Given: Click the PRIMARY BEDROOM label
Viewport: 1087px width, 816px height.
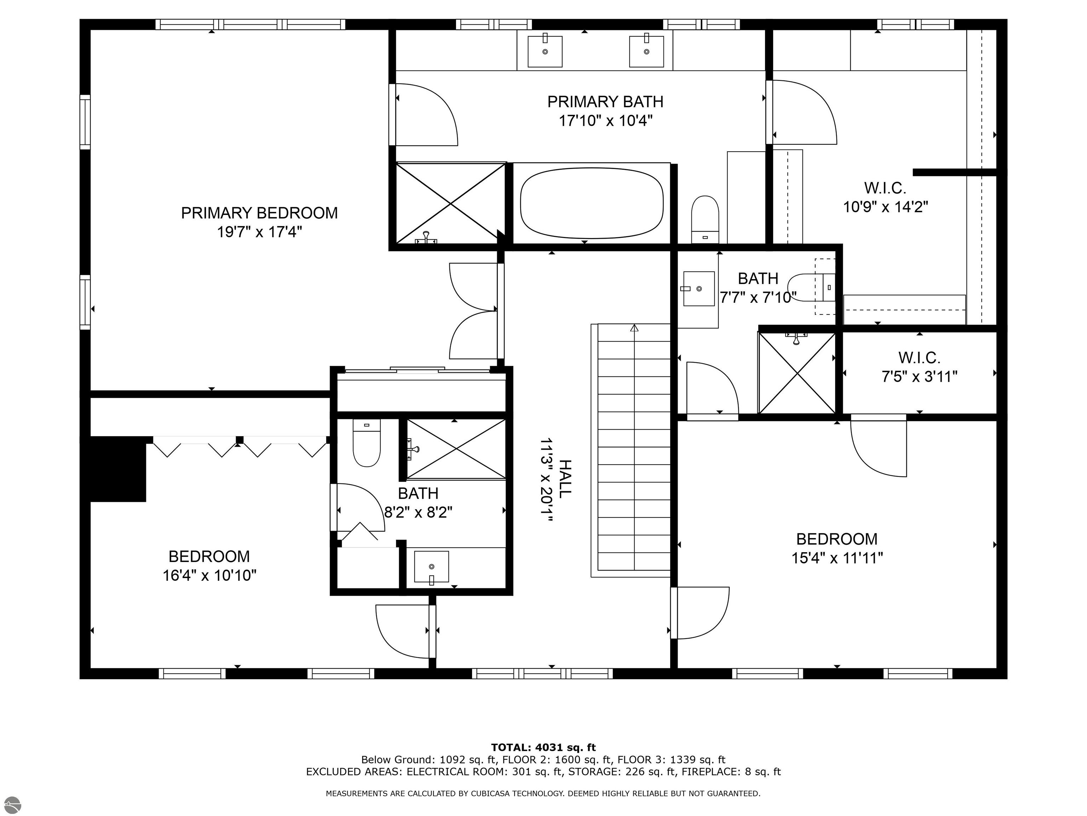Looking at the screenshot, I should [259, 213].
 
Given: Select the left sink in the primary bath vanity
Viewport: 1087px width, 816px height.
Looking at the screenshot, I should [545, 51].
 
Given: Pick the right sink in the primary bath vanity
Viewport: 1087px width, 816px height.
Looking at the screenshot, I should [646, 51].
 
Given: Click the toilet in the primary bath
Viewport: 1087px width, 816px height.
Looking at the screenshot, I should [705, 219].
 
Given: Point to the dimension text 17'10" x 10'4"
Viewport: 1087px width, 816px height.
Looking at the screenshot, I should [605, 120].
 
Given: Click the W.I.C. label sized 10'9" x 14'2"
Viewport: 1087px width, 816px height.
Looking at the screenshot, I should [885, 188].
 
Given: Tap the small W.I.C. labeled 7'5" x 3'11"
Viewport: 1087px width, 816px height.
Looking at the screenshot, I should [919, 367].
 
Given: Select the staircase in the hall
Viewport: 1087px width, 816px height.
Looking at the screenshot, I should [634, 448].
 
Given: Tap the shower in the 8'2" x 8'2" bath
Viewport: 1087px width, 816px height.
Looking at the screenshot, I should [456, 449].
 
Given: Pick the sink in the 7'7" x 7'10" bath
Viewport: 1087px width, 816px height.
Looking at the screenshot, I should [698, 289].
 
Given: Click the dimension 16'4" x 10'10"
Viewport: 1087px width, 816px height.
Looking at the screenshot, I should [209, 575].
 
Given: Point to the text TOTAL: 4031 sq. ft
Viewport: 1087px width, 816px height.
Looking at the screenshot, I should [543, 748].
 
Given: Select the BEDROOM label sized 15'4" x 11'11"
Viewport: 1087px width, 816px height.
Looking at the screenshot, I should [836, 539].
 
